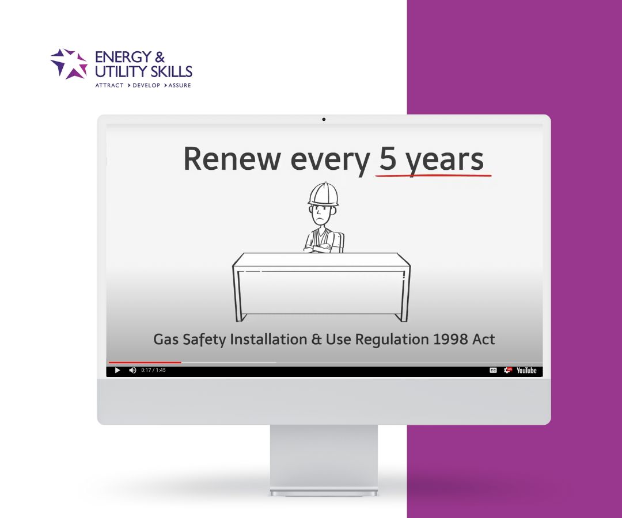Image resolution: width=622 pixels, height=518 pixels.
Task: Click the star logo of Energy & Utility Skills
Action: (x=69, y=63)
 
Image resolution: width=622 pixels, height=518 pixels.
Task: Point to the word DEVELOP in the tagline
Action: (x=146, y=85)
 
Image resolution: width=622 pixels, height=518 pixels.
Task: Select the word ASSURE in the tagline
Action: (x=180, y=85)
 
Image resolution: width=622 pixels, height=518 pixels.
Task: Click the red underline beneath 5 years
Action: (x=433, y=174)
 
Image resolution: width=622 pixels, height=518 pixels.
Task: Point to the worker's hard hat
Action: (x=323, y=194)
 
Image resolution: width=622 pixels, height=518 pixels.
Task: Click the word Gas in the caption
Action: (x=166, y=339)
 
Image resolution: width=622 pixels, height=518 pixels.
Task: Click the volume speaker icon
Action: (x=132, y=370)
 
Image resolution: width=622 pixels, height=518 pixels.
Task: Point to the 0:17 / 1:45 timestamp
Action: (x=153, y=370)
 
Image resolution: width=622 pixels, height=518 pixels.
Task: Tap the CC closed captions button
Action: (x=493, y=370)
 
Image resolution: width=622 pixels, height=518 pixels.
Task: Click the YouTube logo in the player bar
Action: (x=526, y=370)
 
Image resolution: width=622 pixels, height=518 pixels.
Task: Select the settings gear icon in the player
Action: (x=507, y=370)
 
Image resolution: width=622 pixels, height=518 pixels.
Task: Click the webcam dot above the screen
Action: (x=324, y=119)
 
